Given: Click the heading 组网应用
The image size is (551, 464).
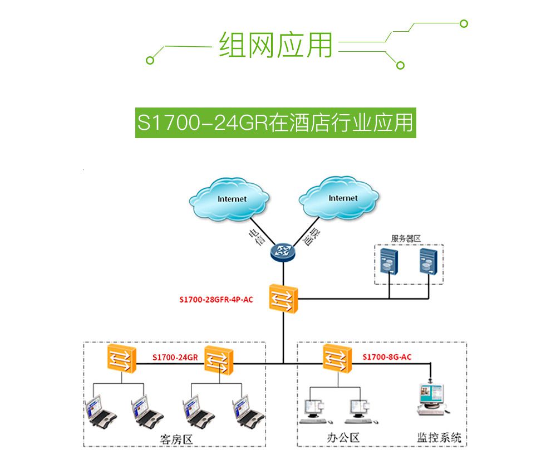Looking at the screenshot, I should click(275, 45).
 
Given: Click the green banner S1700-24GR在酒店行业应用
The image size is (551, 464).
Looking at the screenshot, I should click(275, 123).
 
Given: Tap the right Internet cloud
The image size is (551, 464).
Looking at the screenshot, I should click(340, 198).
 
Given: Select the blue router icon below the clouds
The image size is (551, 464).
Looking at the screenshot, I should click(283, 252).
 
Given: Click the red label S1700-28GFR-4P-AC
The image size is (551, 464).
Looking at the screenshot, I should click(216, 300).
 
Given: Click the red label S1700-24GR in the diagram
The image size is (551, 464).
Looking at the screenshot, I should click(175, 357).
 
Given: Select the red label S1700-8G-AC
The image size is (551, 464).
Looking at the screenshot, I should click(387, 357).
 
